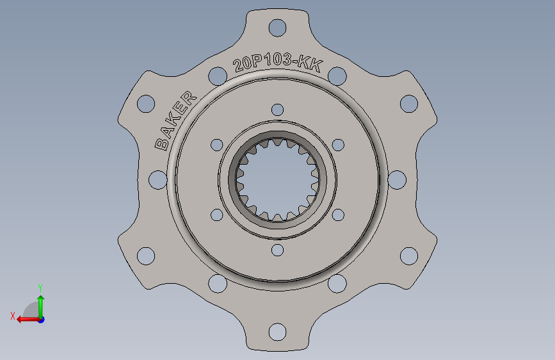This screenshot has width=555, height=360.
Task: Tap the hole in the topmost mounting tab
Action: (x=277, y=28)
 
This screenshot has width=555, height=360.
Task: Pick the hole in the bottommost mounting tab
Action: (x=277, y=332)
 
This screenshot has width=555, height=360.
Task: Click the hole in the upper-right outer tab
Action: (x=409, y=103)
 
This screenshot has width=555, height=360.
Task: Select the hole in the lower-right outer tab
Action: (x=409, y=256)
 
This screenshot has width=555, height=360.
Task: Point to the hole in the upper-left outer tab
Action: (x=147, y=103)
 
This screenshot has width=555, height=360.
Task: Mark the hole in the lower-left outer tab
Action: (x=147, y=256)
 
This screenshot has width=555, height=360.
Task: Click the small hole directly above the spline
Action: (x=277, y=109)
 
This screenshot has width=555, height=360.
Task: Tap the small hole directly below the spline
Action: (x=277, y=250)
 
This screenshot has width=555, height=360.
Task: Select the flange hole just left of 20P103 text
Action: (x=217, y=76)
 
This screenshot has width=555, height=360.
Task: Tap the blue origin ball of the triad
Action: (x=40, y=319)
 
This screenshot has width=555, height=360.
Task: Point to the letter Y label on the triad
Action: (x=40, y=288)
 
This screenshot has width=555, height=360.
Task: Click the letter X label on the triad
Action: (x=12, y=316)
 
